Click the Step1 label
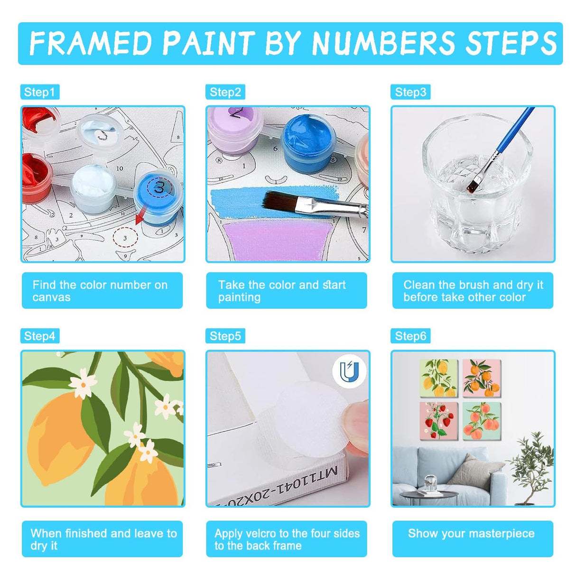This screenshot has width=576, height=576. pyautogui.click(x=40, y=92)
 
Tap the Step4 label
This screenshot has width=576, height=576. pyautogui.click(x=40, y=336)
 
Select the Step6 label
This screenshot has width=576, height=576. pyautogui.click(x=410, y=336)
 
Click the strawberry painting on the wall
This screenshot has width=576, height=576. pyautogui.click(x=438, y=421)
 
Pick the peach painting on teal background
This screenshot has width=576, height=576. pyautogui.click(x=482, y=421)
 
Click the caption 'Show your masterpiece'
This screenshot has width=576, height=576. pyautogui.click(x=472, y=533)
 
